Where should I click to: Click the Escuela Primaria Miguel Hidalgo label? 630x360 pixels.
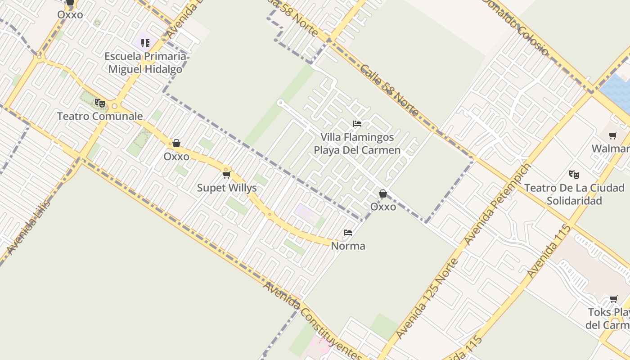point(145,63)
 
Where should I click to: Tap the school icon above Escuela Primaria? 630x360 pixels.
point(145,43)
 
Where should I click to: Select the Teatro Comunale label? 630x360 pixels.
point(100,116)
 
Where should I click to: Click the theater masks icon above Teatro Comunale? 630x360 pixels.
point(100,103)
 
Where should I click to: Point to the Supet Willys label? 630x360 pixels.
point(227,188)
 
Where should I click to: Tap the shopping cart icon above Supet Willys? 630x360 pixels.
point(227,175)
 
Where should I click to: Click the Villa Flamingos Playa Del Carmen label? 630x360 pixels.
point(357,144)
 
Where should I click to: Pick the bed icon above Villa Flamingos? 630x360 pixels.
point(357,124)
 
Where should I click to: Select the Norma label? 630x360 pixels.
point(348,246)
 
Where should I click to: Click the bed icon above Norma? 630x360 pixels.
point(348,233)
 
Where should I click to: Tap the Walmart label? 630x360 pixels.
point(611,148)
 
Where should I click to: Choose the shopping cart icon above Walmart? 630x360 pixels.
point(612,135)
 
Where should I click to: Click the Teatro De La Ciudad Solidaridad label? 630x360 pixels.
point(574,194)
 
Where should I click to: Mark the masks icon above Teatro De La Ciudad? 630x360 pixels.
point(574,174)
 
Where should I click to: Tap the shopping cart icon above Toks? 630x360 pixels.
point(613,299)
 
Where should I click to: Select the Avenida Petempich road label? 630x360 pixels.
point(497,204)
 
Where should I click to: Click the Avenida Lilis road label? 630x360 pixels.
point(29,227)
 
